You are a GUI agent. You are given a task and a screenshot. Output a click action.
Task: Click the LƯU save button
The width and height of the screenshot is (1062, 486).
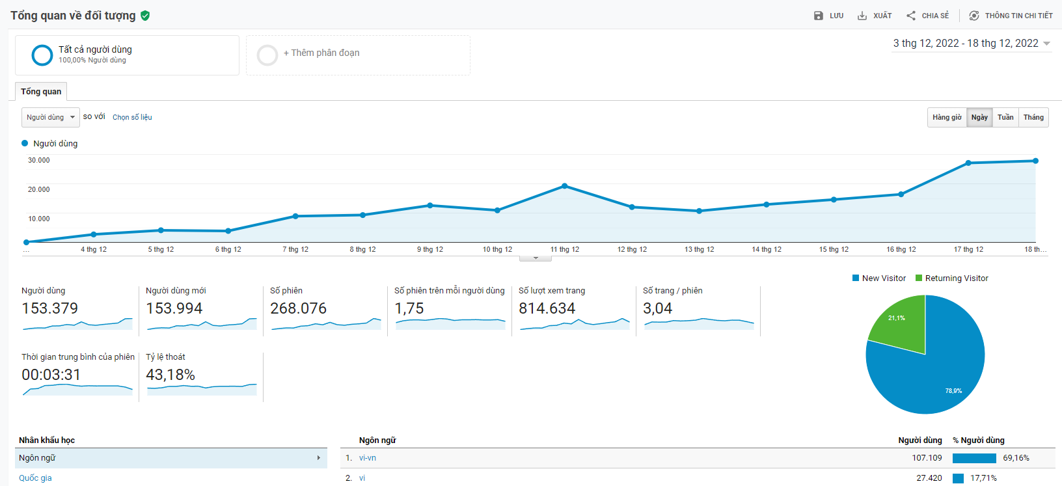click(828, 16)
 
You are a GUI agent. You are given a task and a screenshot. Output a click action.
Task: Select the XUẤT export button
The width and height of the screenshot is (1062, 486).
click(875, 16)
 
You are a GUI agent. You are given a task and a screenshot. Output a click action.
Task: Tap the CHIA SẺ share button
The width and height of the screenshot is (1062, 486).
click(928, 16)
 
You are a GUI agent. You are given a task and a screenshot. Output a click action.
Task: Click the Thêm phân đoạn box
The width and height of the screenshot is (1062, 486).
click(357, 55)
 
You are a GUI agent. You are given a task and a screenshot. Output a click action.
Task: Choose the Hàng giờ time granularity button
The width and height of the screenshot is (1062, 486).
click(947, 117)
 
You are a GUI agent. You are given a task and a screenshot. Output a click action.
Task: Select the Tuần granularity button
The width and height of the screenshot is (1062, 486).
click(1005, 117)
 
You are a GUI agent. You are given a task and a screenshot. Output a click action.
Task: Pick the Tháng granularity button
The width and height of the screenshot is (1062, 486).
click(1033, 117)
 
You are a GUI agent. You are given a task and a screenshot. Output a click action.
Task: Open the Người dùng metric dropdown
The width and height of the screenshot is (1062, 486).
click(51, 117)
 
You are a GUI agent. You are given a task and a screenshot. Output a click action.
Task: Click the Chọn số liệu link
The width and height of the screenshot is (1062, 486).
click(132, 117)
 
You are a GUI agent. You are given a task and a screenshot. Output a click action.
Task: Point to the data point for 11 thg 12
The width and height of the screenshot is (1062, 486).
click(565, 186)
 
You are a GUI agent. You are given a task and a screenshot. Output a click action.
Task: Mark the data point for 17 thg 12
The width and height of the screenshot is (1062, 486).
click(968, 163)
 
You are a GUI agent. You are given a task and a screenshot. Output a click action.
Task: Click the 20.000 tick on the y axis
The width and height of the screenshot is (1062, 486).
click(39, 189)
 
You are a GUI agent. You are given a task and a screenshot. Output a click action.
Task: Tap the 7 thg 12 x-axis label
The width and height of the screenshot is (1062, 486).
click(295, 249)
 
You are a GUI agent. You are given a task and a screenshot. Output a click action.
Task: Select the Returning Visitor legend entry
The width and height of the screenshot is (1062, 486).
click(951, 278)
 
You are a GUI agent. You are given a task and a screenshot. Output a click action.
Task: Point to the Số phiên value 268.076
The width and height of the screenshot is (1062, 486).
click(298, 308)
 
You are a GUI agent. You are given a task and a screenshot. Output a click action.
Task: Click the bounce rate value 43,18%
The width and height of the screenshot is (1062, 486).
click(170, 375)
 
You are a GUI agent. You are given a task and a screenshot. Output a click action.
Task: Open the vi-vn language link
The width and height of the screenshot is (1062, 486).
click(368, 458)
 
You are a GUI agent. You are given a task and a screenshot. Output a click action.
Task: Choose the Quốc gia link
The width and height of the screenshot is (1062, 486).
click(35, 478)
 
